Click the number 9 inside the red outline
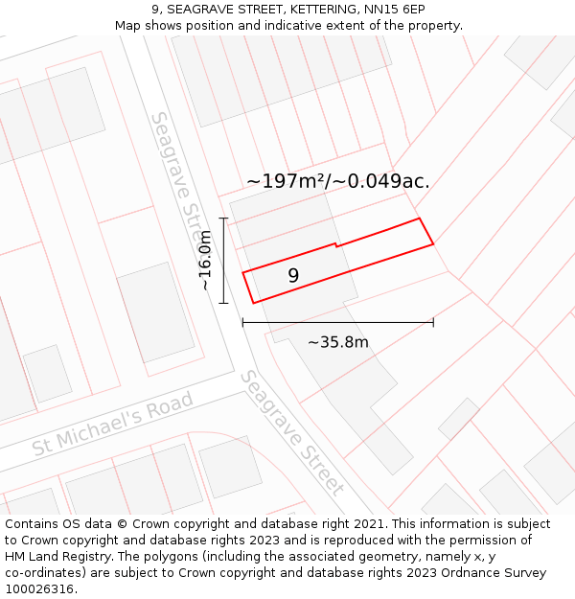293,276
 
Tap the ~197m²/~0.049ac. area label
337,180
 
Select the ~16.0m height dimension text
205,261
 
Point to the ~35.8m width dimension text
337,342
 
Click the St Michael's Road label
113,423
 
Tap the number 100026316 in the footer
38,589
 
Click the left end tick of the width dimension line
242,323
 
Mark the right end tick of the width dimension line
433,323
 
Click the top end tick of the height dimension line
223,219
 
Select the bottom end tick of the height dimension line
223,303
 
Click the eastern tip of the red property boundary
433,243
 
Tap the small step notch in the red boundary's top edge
335,245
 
